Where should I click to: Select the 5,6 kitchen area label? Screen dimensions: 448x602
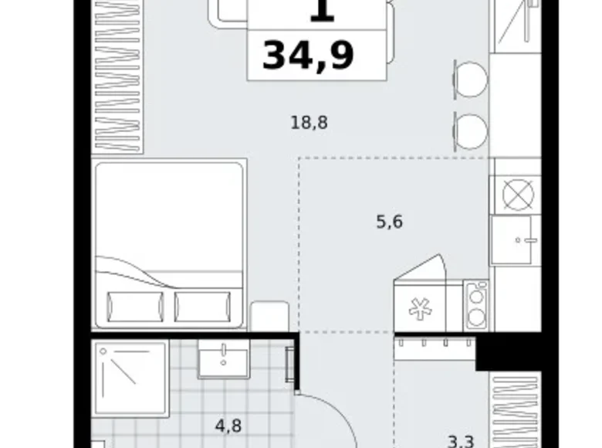[389, 222]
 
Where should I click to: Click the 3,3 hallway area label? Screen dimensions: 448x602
[461, 442]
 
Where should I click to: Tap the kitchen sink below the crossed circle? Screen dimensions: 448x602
[515, 239]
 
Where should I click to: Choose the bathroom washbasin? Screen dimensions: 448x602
[223, 358]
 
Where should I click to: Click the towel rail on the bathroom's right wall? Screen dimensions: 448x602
[290, 365]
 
